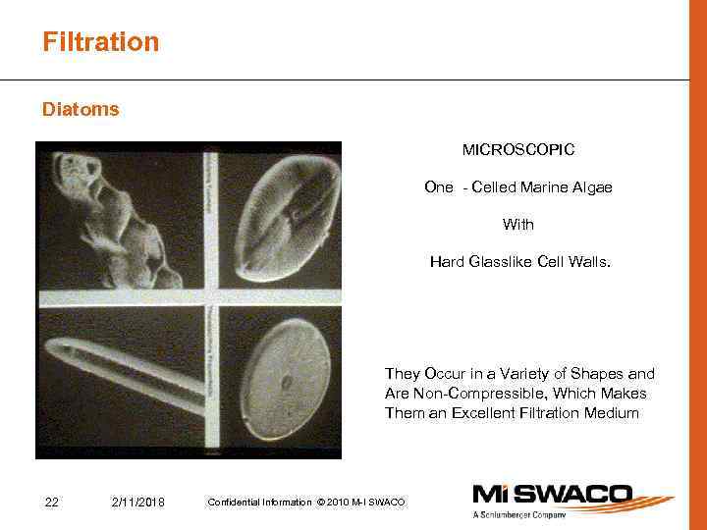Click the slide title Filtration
(x=100, y=42)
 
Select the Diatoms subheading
(x=81, y=110)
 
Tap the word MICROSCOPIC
(x=518, y=150)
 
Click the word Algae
(x=590, y=187)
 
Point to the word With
(x=518, y=225)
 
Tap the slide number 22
(x=53, y=503)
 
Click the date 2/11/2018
(x=138, y=503)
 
